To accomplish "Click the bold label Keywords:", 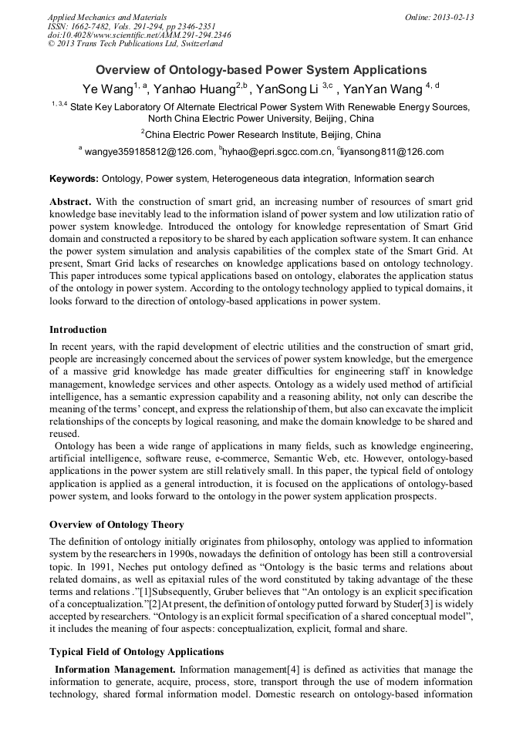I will click(x=74, y=178).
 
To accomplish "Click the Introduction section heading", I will click(x=78, y=329).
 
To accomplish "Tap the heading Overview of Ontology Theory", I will click(x=116, y=524).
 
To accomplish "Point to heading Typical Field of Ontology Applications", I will click(x=136, y=651).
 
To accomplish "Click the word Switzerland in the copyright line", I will click(x=197, y=43).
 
